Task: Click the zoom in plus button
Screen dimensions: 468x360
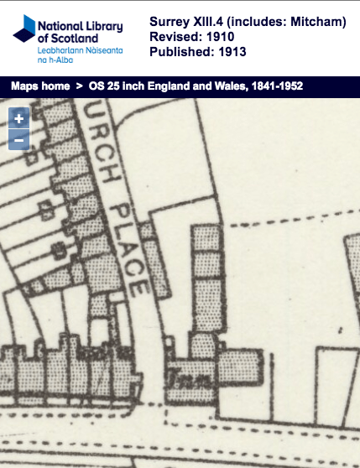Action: click(x=18, y=119)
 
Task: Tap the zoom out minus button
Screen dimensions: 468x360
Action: click(x=18, y=139)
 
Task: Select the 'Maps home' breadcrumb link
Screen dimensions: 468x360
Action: click(x=39, y=86)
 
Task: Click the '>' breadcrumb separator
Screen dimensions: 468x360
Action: click(x=78, y=86)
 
